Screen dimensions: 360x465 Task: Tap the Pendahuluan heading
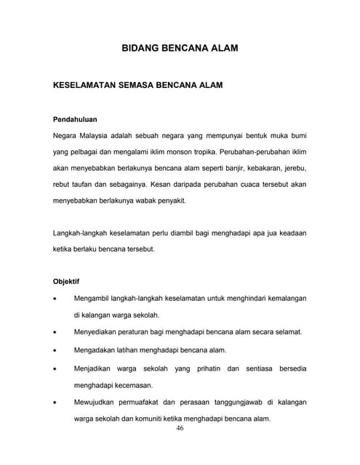coord(76,118)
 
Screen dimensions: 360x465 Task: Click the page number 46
coord(180,428)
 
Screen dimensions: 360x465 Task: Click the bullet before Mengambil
coord(56,299)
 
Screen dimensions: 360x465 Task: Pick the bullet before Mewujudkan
coord(56,403)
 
